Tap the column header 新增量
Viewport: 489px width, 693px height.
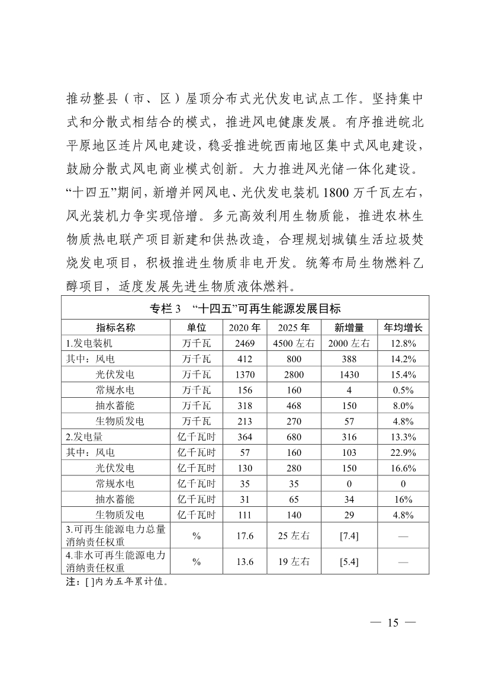[349, 327]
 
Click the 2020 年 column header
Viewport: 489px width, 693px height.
[244, 327]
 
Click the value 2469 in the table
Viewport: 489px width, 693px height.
[244, 343]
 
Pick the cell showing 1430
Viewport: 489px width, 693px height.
[349, 375]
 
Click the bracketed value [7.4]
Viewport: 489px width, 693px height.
[349, 536]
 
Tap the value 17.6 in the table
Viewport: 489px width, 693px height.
[244, 536]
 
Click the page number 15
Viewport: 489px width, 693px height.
[393, 623]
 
